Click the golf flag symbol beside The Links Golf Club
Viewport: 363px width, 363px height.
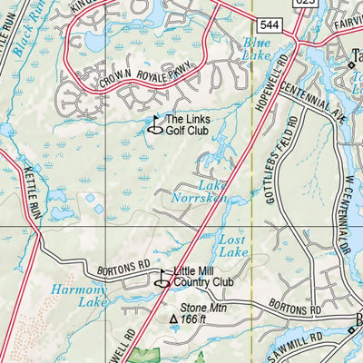click(x=154, y=126)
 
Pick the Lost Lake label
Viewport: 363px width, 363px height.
click(x=234, y=244)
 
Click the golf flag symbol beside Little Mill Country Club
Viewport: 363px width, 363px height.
click(x=162, y=279)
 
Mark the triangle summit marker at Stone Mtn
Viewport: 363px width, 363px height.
click(x=172, y=319)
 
